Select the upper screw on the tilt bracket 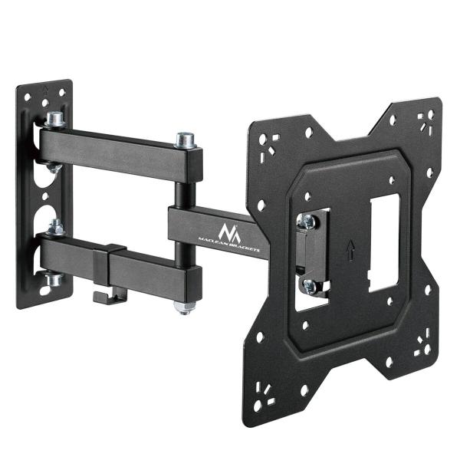pos(307,222)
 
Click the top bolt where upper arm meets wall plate pos(54,120)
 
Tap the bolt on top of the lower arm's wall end pos(54,228)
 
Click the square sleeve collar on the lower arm pos(116,261)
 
